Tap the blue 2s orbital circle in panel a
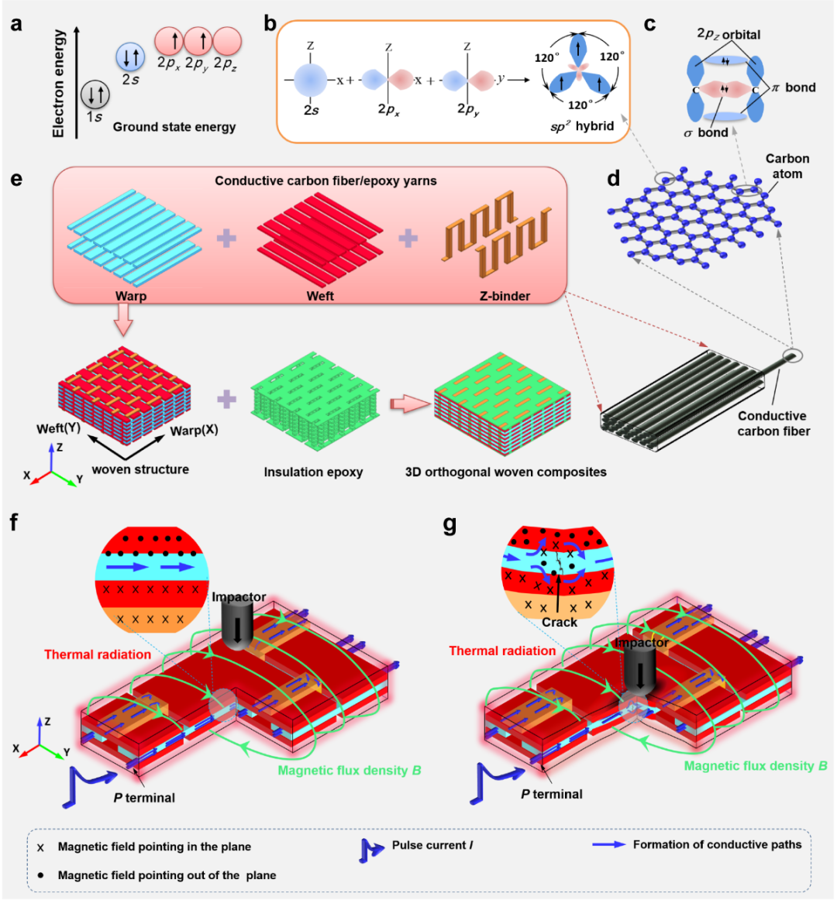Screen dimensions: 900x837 [x=129, y=56]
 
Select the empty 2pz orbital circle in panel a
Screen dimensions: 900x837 [x=227, y=40]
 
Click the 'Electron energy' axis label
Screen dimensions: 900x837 [x=60, y=84]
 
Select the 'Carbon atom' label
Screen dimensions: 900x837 [x=787, y=166]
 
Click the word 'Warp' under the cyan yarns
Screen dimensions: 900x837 [x=131, y=296]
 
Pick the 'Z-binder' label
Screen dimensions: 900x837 [x=505, y=296]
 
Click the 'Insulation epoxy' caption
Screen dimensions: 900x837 [x=313, y=472]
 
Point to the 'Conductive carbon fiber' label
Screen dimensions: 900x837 [x=773, y=423]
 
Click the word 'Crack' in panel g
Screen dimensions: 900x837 [x=560, y=622]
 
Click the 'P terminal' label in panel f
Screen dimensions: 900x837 [x=144, y=798]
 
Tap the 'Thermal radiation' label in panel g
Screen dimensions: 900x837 [x=502, y=651]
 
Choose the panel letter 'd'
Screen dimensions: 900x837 [x=614, y=180]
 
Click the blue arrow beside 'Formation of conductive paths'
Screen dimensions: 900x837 [x=608, y=844]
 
